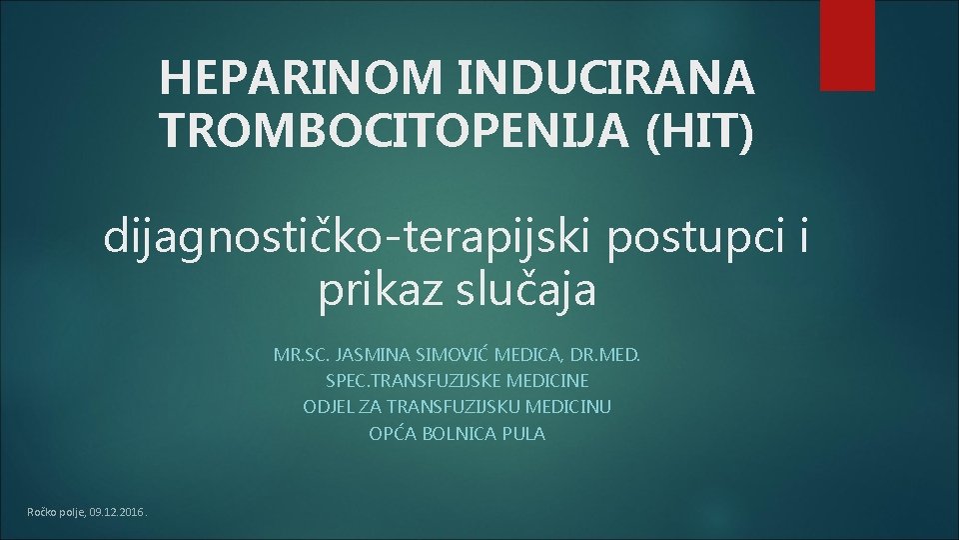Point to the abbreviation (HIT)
click(700, 129)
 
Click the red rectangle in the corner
click(847, 44)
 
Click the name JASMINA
click(370, 355)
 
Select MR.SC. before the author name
click(303, 355)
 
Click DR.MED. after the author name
click(609, 355)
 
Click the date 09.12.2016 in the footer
click(117, 513)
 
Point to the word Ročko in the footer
click(43, 513)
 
